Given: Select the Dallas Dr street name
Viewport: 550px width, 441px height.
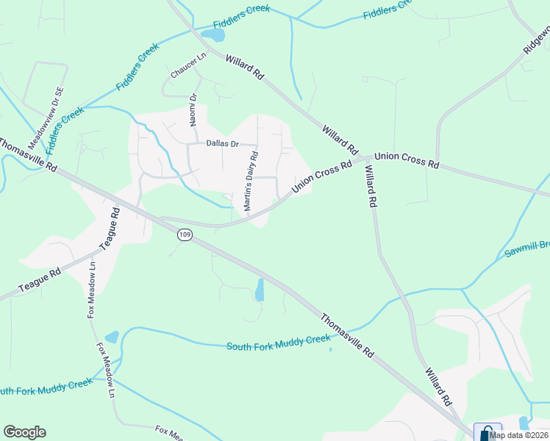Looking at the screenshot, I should point(223,144).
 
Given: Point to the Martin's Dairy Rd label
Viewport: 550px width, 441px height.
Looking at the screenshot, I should point(251,182).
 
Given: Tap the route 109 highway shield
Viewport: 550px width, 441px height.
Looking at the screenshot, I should point(185,234).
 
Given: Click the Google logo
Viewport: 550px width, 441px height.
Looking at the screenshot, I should point(24,432).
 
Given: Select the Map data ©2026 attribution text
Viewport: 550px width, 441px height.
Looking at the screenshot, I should point(519,435).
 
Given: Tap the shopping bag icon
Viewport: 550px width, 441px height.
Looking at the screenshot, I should point(487,432).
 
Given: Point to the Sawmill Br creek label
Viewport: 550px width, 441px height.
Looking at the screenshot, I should point(526,248).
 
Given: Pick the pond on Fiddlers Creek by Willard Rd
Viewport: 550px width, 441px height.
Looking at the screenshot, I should point(213,35).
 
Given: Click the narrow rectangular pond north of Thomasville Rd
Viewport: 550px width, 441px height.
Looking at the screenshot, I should point(259,290).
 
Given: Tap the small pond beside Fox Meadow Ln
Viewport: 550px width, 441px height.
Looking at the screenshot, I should point(112,337).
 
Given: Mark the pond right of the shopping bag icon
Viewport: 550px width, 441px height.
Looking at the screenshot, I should point(524,423).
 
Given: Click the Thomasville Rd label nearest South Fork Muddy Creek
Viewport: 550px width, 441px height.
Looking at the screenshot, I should point(347,335).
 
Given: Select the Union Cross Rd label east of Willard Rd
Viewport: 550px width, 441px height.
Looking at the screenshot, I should point(406,161).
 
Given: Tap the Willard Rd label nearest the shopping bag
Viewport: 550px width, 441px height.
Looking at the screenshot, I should point(437,388).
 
